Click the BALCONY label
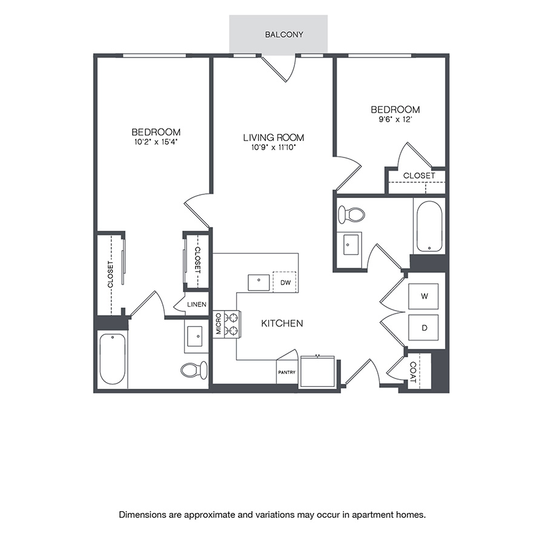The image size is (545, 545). (284, 35)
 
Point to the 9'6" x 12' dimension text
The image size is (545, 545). (395, 119)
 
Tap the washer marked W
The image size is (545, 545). (424, 297)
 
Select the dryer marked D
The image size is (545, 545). (424, 328)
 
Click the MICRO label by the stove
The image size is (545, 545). (219, 325)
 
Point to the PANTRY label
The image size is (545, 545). (286, 372)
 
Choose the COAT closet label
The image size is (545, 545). (413, 371)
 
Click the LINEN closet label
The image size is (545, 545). (197, 305)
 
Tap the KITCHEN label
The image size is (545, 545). (282, 324)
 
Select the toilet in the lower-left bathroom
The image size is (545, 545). (195, 369)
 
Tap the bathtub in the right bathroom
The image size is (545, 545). (429, 226)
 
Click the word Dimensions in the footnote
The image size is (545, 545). (142, 515)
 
